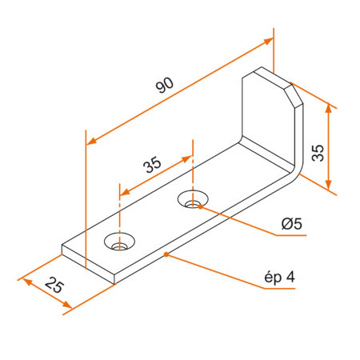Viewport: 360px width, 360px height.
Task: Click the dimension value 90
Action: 164,86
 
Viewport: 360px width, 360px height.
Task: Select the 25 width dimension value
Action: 54,284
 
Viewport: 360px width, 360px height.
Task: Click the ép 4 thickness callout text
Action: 279,278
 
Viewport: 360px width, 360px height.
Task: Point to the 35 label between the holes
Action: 152,165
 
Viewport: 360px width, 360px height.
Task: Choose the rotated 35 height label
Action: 318,153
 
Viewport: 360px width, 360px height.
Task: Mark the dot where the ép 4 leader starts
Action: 165,254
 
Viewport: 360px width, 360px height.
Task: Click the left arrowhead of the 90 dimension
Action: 90,142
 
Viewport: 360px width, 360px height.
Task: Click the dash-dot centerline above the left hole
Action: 119,216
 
